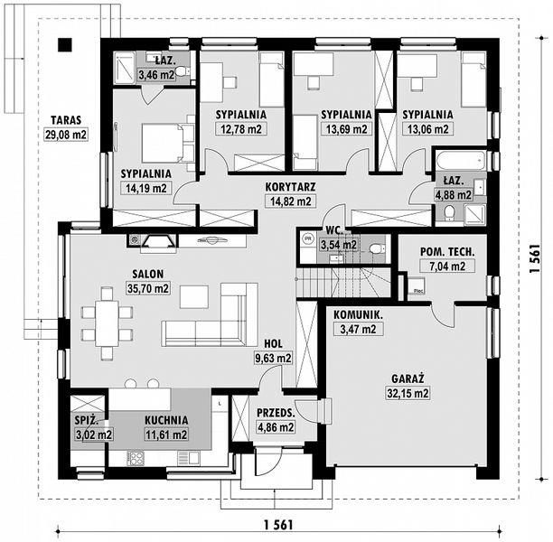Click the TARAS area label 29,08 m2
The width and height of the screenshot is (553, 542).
66,135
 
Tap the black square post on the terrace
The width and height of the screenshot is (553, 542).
65,44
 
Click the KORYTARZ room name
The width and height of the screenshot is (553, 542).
290,187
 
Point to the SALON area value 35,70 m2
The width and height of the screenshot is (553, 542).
148,288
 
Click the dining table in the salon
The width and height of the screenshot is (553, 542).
107,323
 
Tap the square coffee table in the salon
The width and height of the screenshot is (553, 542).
194,297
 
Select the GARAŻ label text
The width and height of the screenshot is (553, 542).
408,378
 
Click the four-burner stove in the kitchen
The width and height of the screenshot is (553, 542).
135,458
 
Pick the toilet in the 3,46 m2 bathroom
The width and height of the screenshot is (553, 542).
182,72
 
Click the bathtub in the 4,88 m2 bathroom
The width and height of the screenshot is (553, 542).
461,161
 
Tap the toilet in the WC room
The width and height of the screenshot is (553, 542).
376,249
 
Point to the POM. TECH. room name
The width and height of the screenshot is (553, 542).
447,252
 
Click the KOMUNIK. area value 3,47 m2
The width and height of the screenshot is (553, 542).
358,330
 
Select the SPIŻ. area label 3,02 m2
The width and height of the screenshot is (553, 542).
94,435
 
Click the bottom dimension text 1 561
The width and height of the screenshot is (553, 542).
278,525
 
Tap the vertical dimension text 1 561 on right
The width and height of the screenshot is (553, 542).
536,258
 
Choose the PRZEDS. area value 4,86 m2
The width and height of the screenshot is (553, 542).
276,427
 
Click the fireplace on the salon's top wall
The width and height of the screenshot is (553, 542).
158,242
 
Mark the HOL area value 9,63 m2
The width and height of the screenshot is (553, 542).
273,359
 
